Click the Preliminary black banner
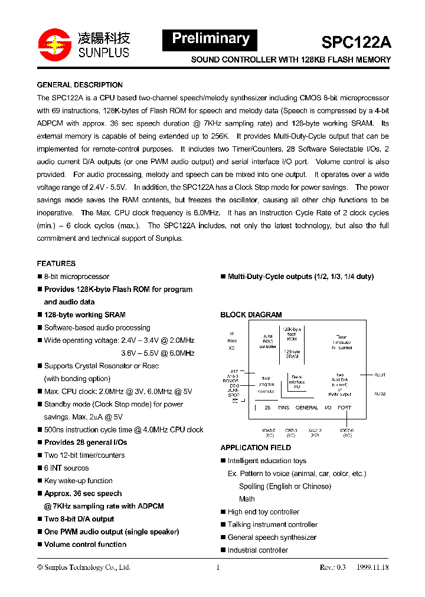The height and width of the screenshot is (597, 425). pos(210,40)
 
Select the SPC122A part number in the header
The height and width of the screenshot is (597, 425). pos(356,42)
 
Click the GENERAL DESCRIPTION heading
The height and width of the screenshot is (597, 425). pos(80,85)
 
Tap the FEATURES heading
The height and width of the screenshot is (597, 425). pos(56,264)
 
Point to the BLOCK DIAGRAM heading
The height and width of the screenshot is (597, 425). pos(251,315)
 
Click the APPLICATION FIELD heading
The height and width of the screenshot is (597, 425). pos(256,448)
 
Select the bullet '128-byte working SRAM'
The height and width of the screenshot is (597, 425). pos(84,315)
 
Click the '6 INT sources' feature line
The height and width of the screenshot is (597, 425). pos(66,468)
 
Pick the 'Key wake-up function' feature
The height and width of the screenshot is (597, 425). pos(78,481)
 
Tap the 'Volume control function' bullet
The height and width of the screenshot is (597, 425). pos(85,544)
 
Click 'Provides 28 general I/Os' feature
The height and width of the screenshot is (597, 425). pos(86,442)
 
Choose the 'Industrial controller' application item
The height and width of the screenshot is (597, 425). pos(258,550)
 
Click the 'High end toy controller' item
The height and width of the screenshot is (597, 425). pos(263,512)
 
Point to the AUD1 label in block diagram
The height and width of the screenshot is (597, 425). pos(380,375)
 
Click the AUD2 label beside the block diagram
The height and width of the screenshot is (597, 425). pos(380,393)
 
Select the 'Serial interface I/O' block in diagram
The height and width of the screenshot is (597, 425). pos(297,382)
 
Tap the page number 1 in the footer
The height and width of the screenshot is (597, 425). pos(218,568)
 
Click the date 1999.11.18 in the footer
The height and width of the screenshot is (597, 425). pos(372,568)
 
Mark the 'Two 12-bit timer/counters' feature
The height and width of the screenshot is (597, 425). pos(84,455)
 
